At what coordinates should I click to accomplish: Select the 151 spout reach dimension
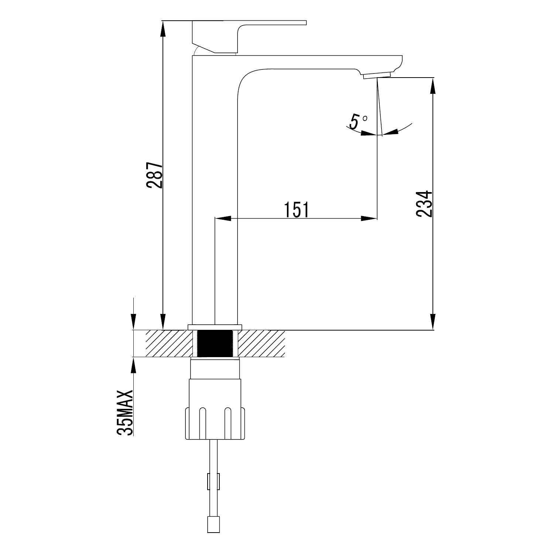296,210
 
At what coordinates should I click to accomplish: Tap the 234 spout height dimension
424,204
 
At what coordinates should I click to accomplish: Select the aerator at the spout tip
377,75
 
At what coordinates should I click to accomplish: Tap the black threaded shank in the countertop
215,343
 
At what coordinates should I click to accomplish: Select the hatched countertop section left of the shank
169,343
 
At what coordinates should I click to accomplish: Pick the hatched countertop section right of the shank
262,343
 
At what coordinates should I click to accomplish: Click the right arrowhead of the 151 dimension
369,219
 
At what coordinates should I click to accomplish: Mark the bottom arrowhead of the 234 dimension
433,322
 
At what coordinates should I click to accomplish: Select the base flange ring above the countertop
215,327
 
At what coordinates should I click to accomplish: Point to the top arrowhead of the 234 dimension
433,85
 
